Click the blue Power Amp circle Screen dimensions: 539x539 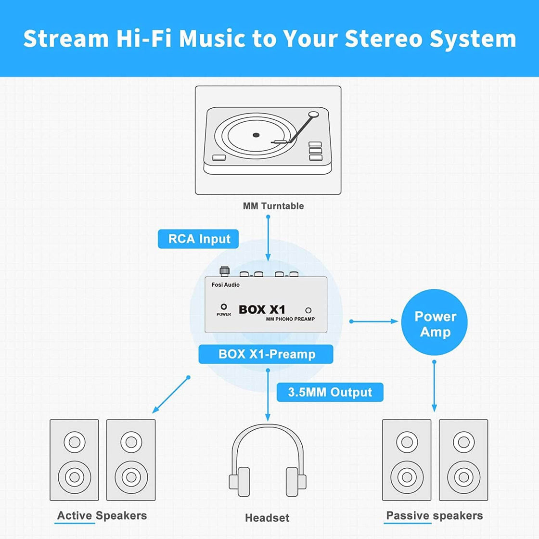(x=434, y=323)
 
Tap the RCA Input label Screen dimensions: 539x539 (x=199, y=239)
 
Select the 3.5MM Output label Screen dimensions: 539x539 (x=330, y=392)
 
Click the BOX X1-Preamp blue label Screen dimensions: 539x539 (x=267, y=354)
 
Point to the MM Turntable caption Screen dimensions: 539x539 (x=273, y=206)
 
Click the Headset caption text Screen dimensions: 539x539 (x=267, y=518)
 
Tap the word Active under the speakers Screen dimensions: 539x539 (x=75, y=515)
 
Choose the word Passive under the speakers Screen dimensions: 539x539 (x=408, y=515)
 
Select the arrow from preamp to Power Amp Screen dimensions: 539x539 (x=374, y=321)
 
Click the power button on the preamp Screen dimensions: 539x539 (x=223, y=307)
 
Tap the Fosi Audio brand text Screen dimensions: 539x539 (x=225, y=285)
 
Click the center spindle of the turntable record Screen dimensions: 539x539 (x=256, y=135)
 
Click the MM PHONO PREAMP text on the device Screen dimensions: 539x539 (x=290, y=319)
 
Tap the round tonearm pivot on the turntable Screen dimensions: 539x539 (x=314, y=115)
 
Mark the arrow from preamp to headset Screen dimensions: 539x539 (x=268, y=395)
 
